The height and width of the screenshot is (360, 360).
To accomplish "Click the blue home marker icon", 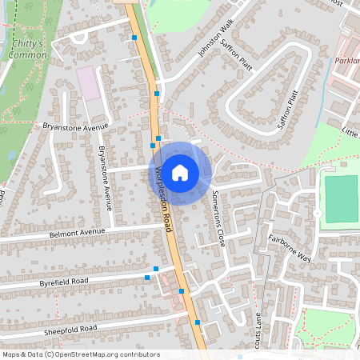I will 180,172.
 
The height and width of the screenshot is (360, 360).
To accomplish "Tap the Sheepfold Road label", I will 70,329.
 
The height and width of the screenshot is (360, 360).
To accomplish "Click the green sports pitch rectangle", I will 342,199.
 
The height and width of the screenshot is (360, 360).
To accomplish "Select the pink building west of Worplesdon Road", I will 88,82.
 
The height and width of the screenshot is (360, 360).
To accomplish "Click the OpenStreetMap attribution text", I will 81,354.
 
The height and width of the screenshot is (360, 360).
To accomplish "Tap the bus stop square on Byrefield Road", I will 147,278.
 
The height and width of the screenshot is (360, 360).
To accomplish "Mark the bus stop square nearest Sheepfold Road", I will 198,322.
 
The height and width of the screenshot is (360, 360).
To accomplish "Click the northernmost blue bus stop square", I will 134,37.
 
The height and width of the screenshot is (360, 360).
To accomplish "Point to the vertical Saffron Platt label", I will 288,110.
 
